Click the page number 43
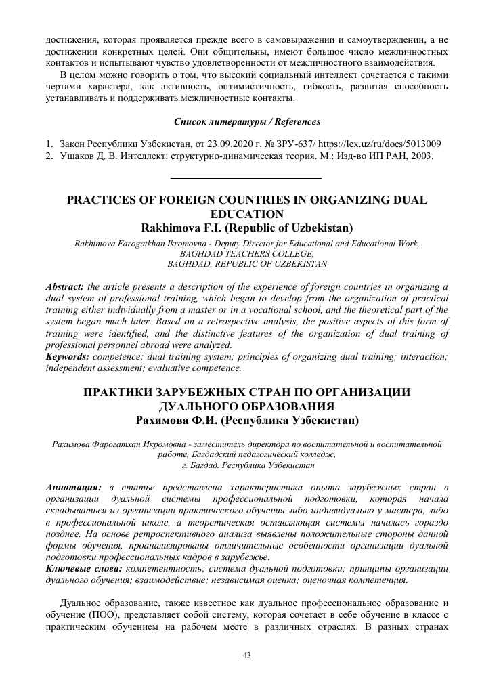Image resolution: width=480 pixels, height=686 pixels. (246, 654)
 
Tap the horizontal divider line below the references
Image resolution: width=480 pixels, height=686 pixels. (244, 178)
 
